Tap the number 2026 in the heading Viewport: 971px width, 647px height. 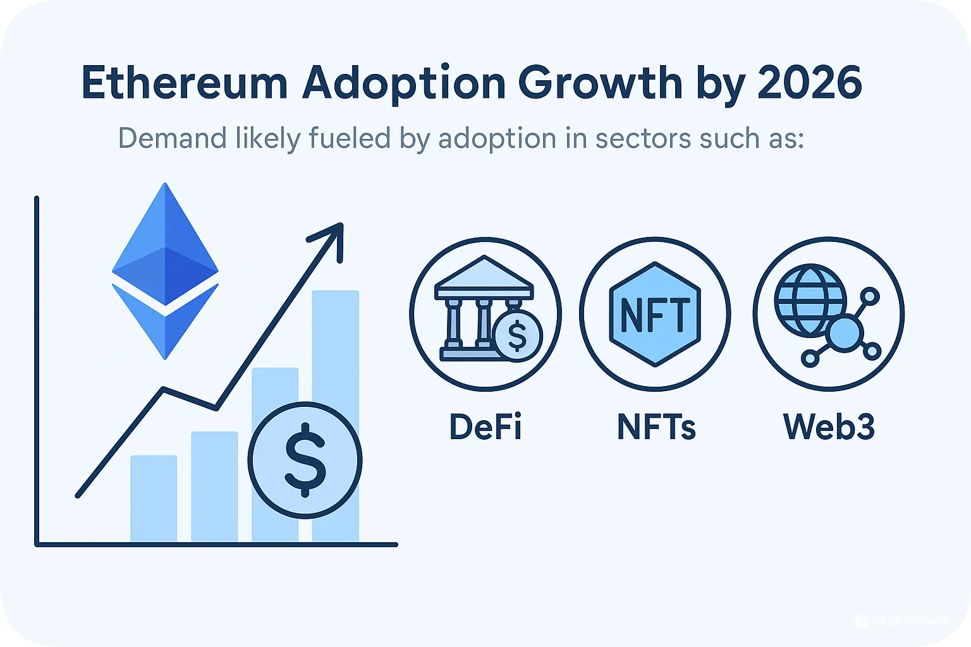(810, 83)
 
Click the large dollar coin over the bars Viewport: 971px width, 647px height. (305, 459)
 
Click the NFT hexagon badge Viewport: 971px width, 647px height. (655, 314)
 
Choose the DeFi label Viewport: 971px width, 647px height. (485, 427)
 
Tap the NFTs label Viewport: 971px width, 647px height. (656, 427)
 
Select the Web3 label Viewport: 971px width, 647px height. (829, 427)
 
